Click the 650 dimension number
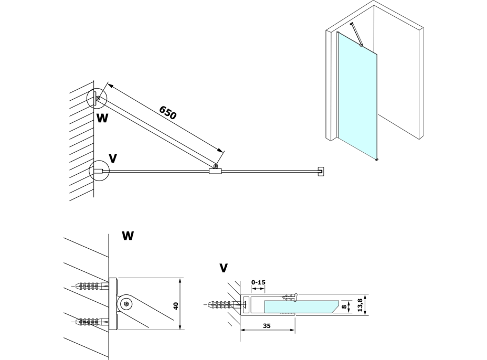[x=168, y=112]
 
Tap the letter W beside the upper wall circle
[x=102, y=118]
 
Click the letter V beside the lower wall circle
[x=112, y=158]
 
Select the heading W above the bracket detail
[x=128, y=236]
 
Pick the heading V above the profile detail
[x=224, y=268]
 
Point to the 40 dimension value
[x=176, y=304]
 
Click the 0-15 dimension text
[x=259, y=282]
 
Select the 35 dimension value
[x=267, y=326]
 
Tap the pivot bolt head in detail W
[x=126, y=304]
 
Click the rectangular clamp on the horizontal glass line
[x=215, y=171]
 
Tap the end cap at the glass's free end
[x=320, y=172]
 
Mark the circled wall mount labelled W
[x=97, y=98]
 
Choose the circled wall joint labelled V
[x=98, y=171]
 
